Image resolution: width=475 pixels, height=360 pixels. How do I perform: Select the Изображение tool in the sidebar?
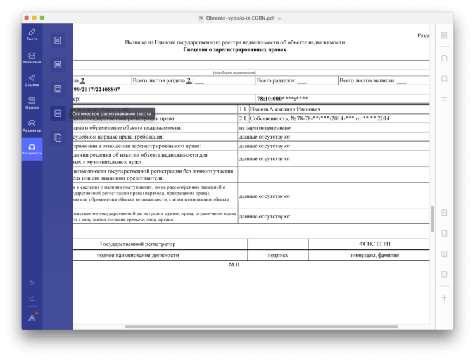pos(32,58)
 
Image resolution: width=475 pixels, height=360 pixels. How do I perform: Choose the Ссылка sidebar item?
pos(32,80)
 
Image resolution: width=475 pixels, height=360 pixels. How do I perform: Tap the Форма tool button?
pos(32,102)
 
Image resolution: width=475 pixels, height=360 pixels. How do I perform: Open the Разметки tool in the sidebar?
pos(32,125)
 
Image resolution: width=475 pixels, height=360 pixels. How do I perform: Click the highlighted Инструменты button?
pos(32,149)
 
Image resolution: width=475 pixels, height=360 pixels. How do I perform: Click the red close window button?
pos(26,18)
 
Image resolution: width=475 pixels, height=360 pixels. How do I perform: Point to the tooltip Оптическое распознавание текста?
pos(111,114)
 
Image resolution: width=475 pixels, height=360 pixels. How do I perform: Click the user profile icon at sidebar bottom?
pos(32,318)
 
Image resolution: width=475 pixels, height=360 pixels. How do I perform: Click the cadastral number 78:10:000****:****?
pos(282,99)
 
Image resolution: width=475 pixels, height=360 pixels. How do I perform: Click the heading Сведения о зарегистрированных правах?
pos(234,49)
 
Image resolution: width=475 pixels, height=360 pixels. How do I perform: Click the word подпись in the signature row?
pos(278,255)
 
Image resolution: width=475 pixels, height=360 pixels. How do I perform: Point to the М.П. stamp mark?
pos(234,264)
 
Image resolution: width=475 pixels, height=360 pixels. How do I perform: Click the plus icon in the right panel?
pos(445,297)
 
